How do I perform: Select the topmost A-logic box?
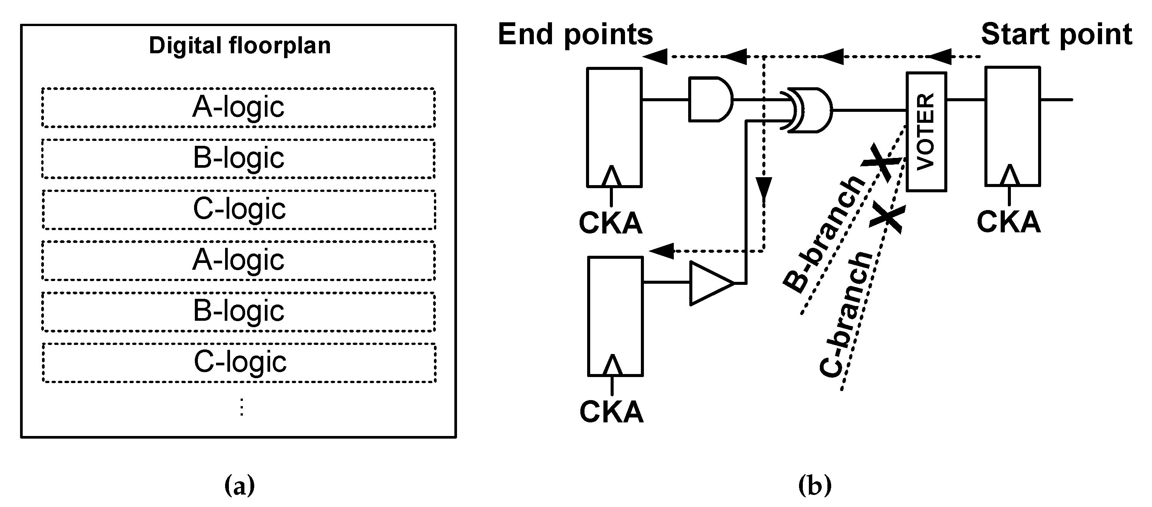(238, 108)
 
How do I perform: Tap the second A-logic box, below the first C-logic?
(238, 260)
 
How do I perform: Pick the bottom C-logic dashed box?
(239, 362)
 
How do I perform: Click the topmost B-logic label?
(238, 158)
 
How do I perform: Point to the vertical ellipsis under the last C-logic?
(241, 407)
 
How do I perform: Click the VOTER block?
(926, 132)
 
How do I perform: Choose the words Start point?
(1056, 34)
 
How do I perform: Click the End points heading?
(575, 34)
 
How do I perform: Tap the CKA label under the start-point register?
(1009, 222)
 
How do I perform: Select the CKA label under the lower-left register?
(611, 412)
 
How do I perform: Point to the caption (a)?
(240, 485)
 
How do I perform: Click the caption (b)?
(815, 485)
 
